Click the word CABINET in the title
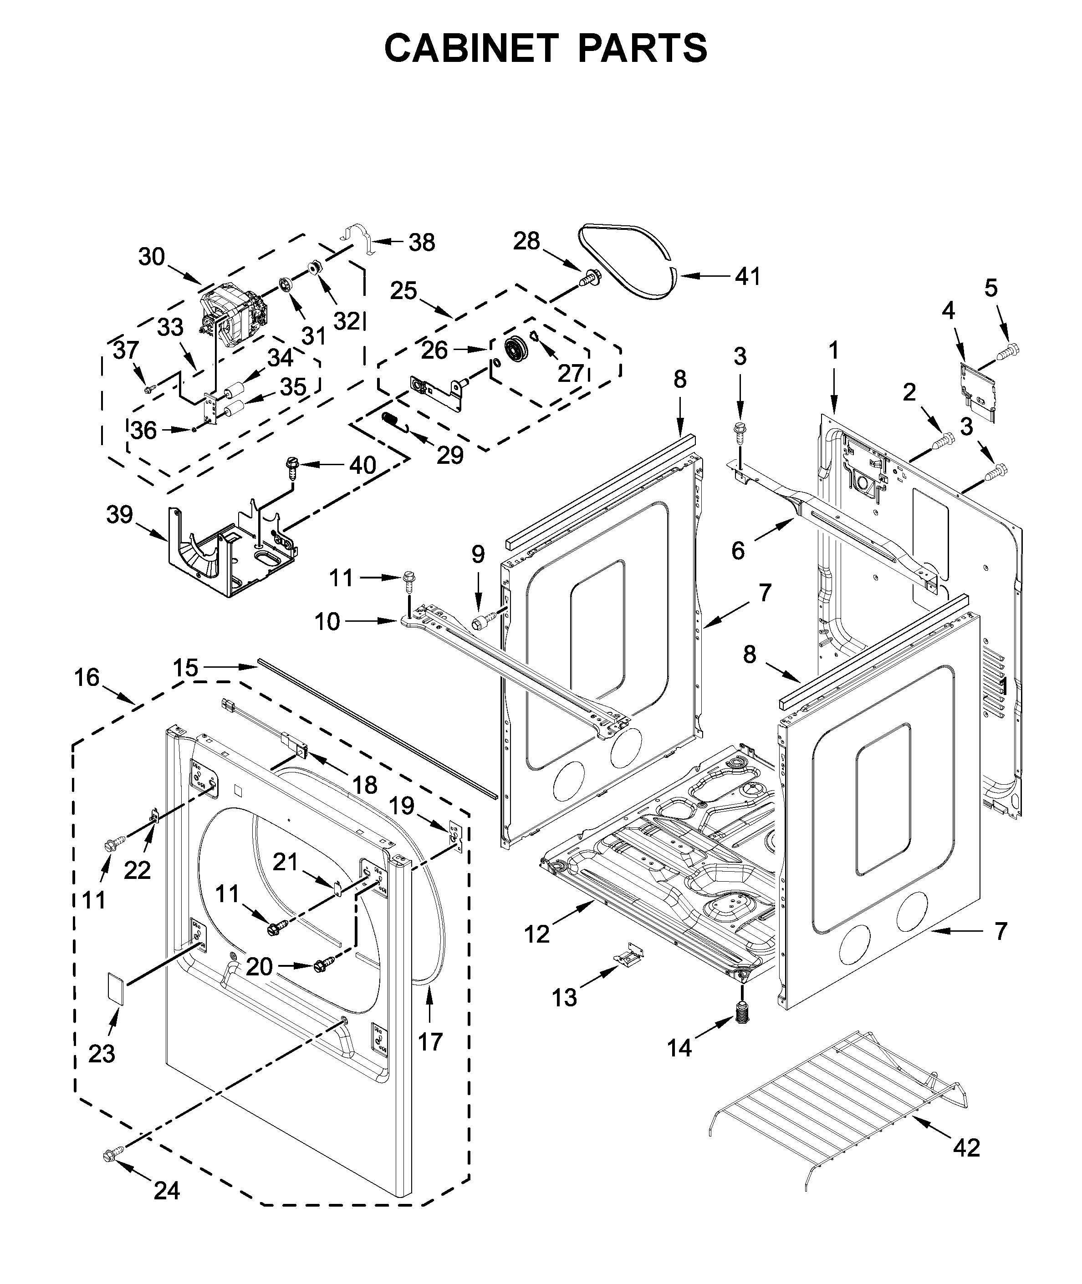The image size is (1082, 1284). point(471,48)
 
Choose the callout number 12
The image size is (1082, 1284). point(537,934)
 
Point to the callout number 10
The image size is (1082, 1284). point(327,621)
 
